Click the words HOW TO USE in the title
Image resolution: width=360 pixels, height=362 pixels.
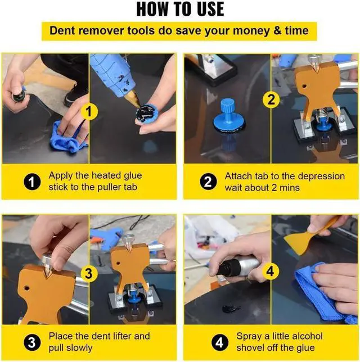click(x=180, y=9)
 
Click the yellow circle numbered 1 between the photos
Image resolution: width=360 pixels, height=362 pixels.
click(x=89, y=111)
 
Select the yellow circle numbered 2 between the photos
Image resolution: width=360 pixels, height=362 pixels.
click(x=271, y=99)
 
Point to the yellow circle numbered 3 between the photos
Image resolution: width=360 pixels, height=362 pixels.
click(x=89, y=274)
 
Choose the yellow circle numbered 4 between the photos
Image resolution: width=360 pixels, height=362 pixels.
click(x=271, y=271)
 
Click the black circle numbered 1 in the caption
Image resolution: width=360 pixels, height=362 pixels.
click(x=32, y=182)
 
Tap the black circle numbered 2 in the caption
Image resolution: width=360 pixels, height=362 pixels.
click(x=208, y=182)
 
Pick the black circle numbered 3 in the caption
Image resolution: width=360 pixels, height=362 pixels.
click(x=32, y=342)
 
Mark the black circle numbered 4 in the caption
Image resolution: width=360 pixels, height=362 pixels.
click(x=220, y=342)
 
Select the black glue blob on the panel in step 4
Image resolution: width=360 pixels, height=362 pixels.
click(x=231, y=308)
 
